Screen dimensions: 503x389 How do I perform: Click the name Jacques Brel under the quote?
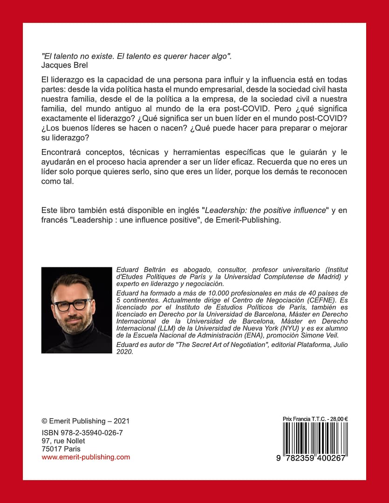[x=61, y=65]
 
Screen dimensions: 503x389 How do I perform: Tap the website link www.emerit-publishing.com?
[x=86, y=457]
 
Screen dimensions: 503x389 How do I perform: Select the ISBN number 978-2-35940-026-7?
[x=82, y=433]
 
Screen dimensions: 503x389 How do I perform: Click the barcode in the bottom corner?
[x=315, y=438]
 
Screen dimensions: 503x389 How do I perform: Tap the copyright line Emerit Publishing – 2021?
[x=86, y=421]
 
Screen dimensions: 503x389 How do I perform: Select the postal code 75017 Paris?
[x=61, y=449]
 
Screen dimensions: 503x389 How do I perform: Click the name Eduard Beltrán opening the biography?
[x=139, y=270]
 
